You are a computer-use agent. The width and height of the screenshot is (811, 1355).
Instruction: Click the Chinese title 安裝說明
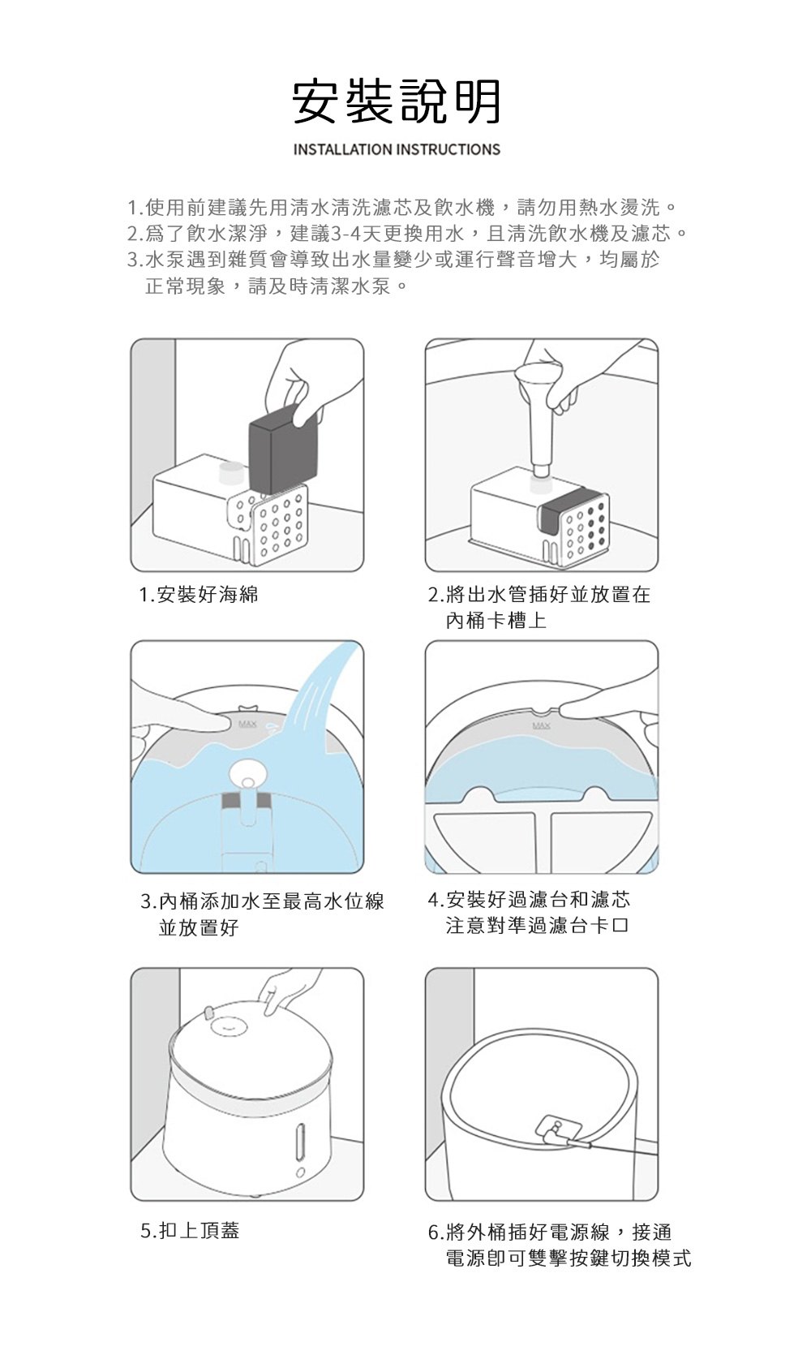[x=397, y=102]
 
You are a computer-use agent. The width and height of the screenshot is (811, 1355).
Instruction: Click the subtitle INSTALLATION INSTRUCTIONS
[x=397, y=149]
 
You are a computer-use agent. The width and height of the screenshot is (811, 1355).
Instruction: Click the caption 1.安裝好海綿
[x=199, y=595]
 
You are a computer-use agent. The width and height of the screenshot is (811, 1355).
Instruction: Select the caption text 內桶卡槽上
[x=496, y=621]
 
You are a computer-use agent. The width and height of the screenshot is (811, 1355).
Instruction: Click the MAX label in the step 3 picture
[x=247, y=724]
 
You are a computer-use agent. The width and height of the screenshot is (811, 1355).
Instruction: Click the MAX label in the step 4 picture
[x=541, y=725]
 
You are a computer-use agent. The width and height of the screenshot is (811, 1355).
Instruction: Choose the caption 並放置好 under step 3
[x=199, y=927]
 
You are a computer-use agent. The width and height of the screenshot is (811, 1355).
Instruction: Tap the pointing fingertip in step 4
[x=568, y=709]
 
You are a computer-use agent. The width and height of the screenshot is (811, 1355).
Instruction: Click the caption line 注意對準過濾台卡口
[x=538, y=926]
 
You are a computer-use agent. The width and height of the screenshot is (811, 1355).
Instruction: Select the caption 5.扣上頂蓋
[x=190, y=1230]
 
